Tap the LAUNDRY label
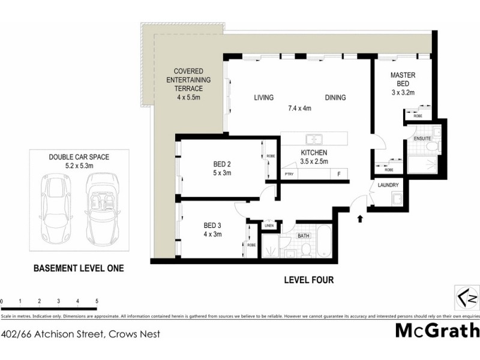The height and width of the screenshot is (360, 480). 388,185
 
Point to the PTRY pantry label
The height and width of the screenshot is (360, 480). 289,174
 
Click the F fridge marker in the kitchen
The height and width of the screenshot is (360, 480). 339,174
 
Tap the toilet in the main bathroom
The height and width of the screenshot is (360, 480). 305,249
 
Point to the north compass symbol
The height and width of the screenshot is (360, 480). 465,298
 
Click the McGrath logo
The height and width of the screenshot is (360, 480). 437,331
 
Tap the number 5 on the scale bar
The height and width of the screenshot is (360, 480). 97,300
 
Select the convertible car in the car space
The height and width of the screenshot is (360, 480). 100,206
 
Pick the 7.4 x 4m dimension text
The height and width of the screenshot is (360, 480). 299,109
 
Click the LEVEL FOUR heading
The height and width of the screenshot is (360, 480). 309,280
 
